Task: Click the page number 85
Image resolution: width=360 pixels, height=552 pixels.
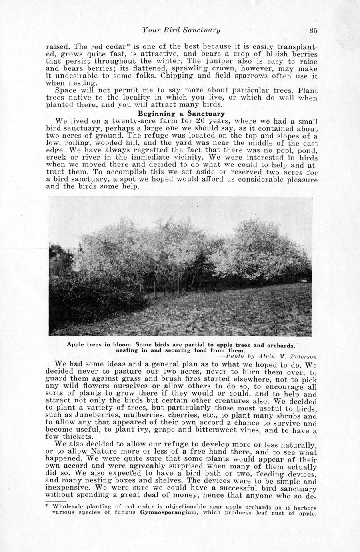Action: coord(313,30)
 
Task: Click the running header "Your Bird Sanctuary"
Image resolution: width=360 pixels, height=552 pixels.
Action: coord(182,30)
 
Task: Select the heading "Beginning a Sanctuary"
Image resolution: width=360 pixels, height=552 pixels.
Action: coord(181,114)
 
